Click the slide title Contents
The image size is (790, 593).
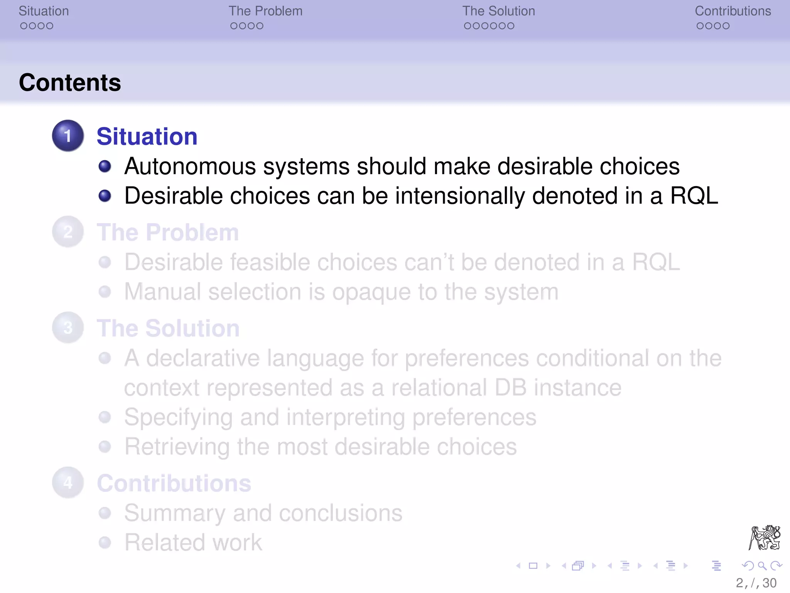tap(70, 83)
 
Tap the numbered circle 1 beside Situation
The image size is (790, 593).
tap(68, 136)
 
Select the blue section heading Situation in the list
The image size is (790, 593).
tap(147, 137)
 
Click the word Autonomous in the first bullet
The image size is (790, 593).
tap(190, 167)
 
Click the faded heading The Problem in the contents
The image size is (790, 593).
tap(167, 232)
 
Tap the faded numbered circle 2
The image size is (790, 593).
tap(68, 232)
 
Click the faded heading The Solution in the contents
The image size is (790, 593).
tap(168, 329)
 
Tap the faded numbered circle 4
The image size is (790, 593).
tap(68, 483)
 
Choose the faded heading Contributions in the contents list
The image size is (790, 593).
tap(174, 483)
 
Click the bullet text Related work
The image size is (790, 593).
tap(193, 543)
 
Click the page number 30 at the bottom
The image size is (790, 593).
tap(769, 583)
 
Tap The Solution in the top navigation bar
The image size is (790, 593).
tap(498, 11)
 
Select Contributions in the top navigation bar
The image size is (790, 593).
tap(733, 11)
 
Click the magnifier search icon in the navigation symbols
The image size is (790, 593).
tap(762, 566)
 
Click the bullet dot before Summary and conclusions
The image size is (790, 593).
tap(105, 513)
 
